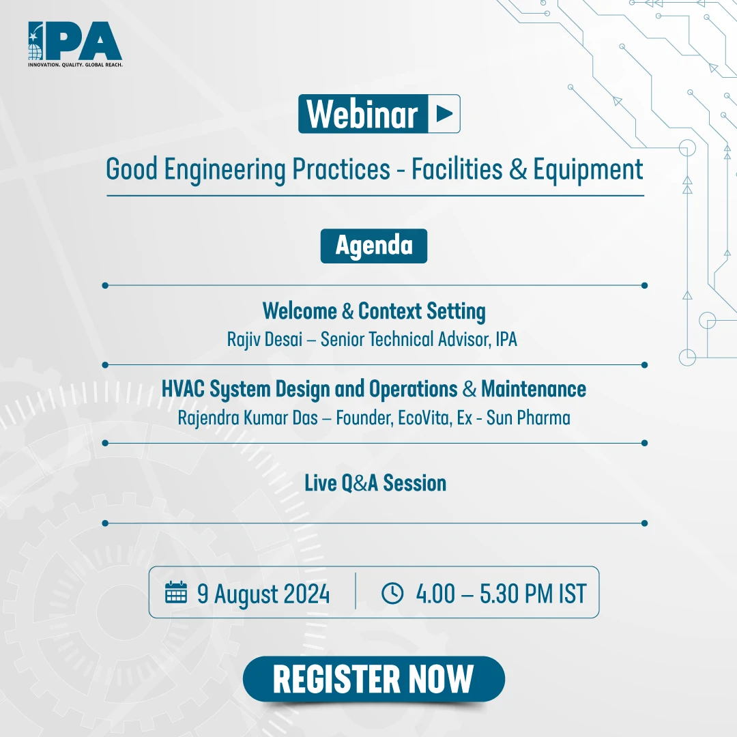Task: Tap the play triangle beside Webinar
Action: pos(444,114)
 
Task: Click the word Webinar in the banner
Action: pos(362,114)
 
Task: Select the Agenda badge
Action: pos(374,246)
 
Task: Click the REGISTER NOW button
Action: pos(374,679)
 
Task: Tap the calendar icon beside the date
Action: pos(176,592)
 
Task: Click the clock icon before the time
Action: pos(392,593)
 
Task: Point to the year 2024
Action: pos(306,594)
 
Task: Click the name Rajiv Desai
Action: pos(265,339)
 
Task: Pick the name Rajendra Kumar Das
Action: pos(248,418)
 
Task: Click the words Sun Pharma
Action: pos(528,418)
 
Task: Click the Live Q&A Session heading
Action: pos(375,483)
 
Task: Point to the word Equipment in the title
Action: pos(588,170)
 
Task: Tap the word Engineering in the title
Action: pos(225,170)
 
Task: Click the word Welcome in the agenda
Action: pos(300,311)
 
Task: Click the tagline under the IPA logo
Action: pos(75,65)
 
